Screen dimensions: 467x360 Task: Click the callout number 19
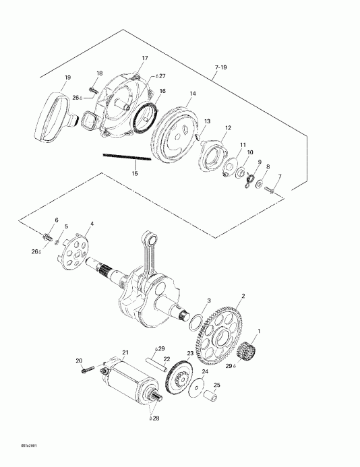67,77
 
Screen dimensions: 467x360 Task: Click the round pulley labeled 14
177,133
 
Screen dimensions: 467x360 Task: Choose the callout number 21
125,351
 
